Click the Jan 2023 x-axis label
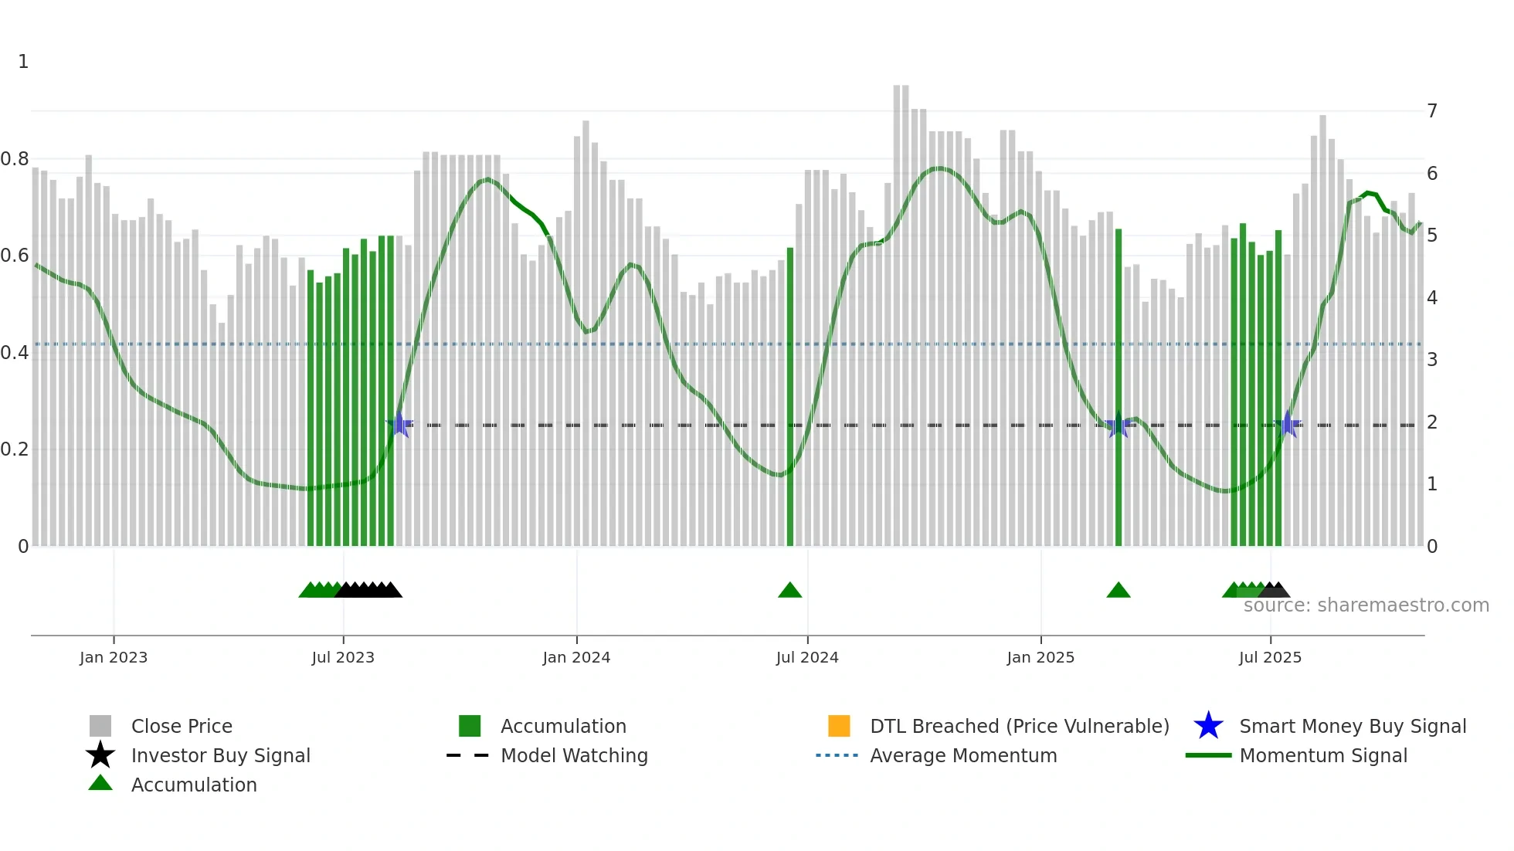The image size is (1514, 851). (x=113, y=657)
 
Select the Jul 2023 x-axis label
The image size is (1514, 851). (x=343, y=657)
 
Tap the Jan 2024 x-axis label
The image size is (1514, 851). (x=576, y=657)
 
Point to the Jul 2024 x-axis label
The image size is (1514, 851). (x=807, y=657)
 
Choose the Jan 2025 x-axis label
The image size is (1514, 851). (x=1040, y=657)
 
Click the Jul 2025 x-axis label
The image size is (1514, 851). (x=1270, y=657)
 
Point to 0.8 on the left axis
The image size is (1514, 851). (x=15, y=159)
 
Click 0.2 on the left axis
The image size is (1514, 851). (x=15, y=449)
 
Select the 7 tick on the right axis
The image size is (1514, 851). (x=1432, y=111)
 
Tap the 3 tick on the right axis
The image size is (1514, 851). (x=1432, y=360)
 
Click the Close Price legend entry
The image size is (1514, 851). (x=182, y=726)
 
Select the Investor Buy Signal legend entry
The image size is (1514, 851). (x=220, y=755)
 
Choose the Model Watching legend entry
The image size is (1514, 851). (x=574, y=755)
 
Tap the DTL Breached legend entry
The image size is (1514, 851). (x=1019, y=726)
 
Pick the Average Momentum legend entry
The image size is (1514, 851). (x=963, y=755)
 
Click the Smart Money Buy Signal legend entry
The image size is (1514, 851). (x=1353, y=726)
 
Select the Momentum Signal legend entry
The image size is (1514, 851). (x=1323, y=755)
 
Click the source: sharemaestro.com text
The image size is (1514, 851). (x=1366, y=605)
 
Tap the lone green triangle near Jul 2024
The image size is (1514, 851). (x=789, y=591)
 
